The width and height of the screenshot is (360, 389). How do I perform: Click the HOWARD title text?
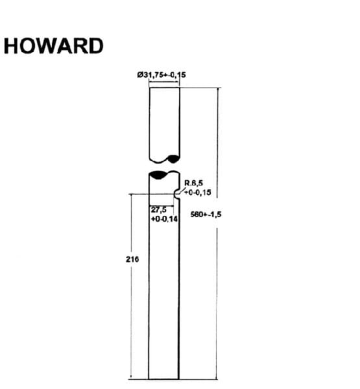coord(53,46)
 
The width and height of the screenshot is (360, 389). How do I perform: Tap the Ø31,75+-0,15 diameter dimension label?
coord(162,75)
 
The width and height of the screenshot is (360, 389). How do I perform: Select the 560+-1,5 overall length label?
coord(206,215)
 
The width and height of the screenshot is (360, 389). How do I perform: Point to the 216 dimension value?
coord(132,259)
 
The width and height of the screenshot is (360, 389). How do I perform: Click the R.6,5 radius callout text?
coord(194,183)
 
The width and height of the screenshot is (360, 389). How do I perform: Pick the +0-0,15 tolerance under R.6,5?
coord(198,193)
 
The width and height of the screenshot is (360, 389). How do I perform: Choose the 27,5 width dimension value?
coord(159,210)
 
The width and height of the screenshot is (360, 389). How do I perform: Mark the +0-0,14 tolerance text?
coord(164,219)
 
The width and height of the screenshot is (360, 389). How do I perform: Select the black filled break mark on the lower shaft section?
coord(158,175)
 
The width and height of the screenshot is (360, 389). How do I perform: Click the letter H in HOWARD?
coord(11,46)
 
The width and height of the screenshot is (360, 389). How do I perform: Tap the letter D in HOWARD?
coord(96,46)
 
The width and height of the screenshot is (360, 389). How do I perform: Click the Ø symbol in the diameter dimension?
coord(139,75)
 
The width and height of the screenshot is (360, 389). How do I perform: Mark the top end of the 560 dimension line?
coord(218,88)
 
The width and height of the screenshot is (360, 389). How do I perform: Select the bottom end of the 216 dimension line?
coord(131,379)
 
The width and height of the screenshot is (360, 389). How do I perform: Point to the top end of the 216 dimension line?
coord(131,194)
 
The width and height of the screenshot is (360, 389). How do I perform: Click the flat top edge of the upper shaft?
coord(164,88)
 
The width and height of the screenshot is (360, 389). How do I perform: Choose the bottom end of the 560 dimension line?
coord(217,379)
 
